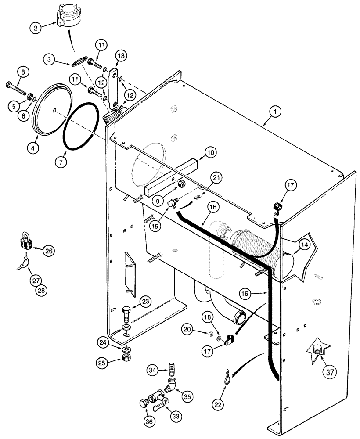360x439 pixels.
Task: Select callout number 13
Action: click(x=121, y=56)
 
